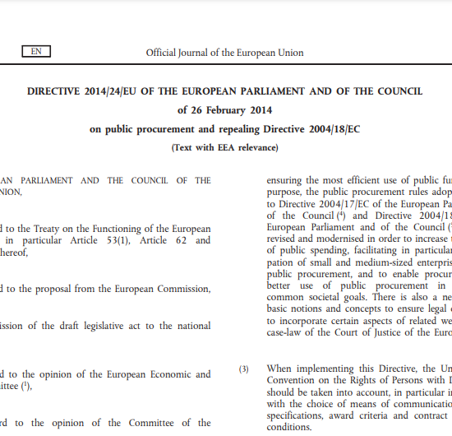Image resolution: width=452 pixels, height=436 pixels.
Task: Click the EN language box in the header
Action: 36,52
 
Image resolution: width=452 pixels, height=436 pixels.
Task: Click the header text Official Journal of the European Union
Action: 224,53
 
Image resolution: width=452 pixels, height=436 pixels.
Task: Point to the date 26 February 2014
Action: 225,109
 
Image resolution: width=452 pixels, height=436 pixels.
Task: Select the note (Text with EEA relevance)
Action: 224,148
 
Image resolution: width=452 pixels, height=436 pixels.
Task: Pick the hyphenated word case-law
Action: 288,332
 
